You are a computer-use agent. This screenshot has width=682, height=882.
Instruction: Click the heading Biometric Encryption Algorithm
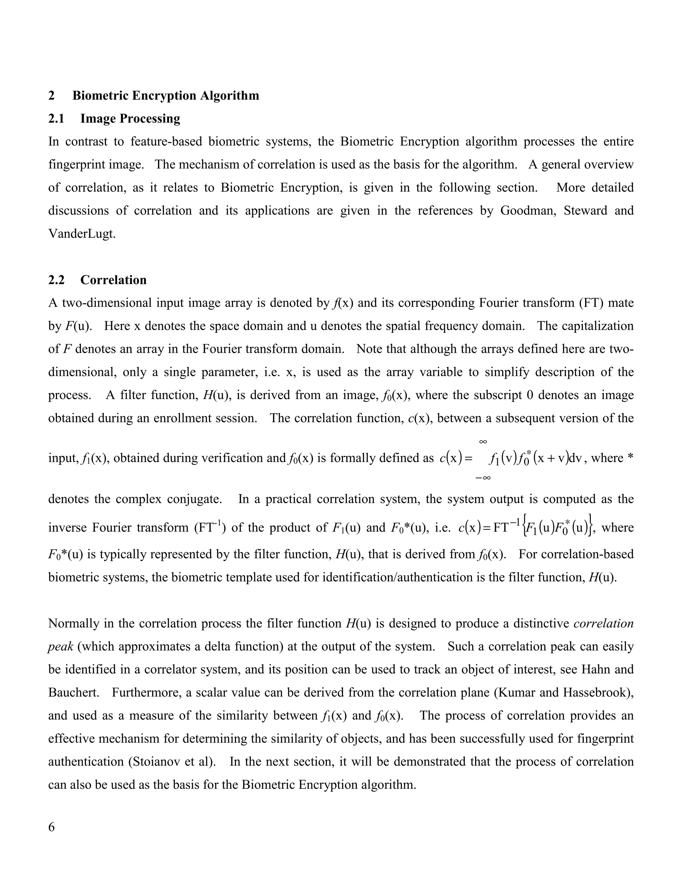click(166, 96)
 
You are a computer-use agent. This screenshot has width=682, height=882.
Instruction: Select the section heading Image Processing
click(130, 119)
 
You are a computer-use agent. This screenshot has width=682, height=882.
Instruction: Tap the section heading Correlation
click(113, 280)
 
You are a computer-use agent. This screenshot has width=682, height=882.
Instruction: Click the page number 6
click(51, 827)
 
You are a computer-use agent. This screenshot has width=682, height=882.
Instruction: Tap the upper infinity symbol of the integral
click(483, 442)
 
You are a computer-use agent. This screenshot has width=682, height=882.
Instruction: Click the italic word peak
click(61, 647)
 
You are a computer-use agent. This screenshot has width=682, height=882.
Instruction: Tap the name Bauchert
click(74, 693)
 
